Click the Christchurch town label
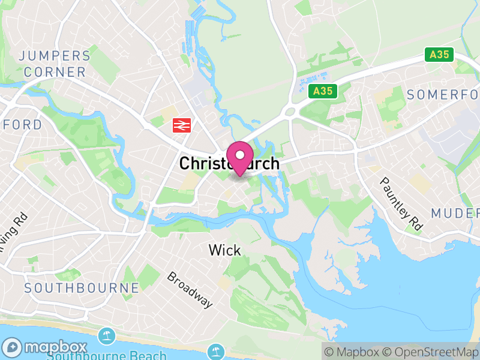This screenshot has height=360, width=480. [229, 163]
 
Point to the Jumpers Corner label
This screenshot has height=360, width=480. [54, 64]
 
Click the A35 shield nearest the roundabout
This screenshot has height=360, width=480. [322, 91]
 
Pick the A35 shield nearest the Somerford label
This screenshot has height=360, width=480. [440, 55]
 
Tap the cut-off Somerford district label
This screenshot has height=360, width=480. [443, 95]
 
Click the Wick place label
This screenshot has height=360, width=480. [224, 250]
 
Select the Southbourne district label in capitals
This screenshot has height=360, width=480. [82, 288]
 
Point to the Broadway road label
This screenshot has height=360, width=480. [190, 290]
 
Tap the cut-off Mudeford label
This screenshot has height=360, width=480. [455, 213]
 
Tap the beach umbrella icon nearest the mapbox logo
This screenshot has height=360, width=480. [107, 337]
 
